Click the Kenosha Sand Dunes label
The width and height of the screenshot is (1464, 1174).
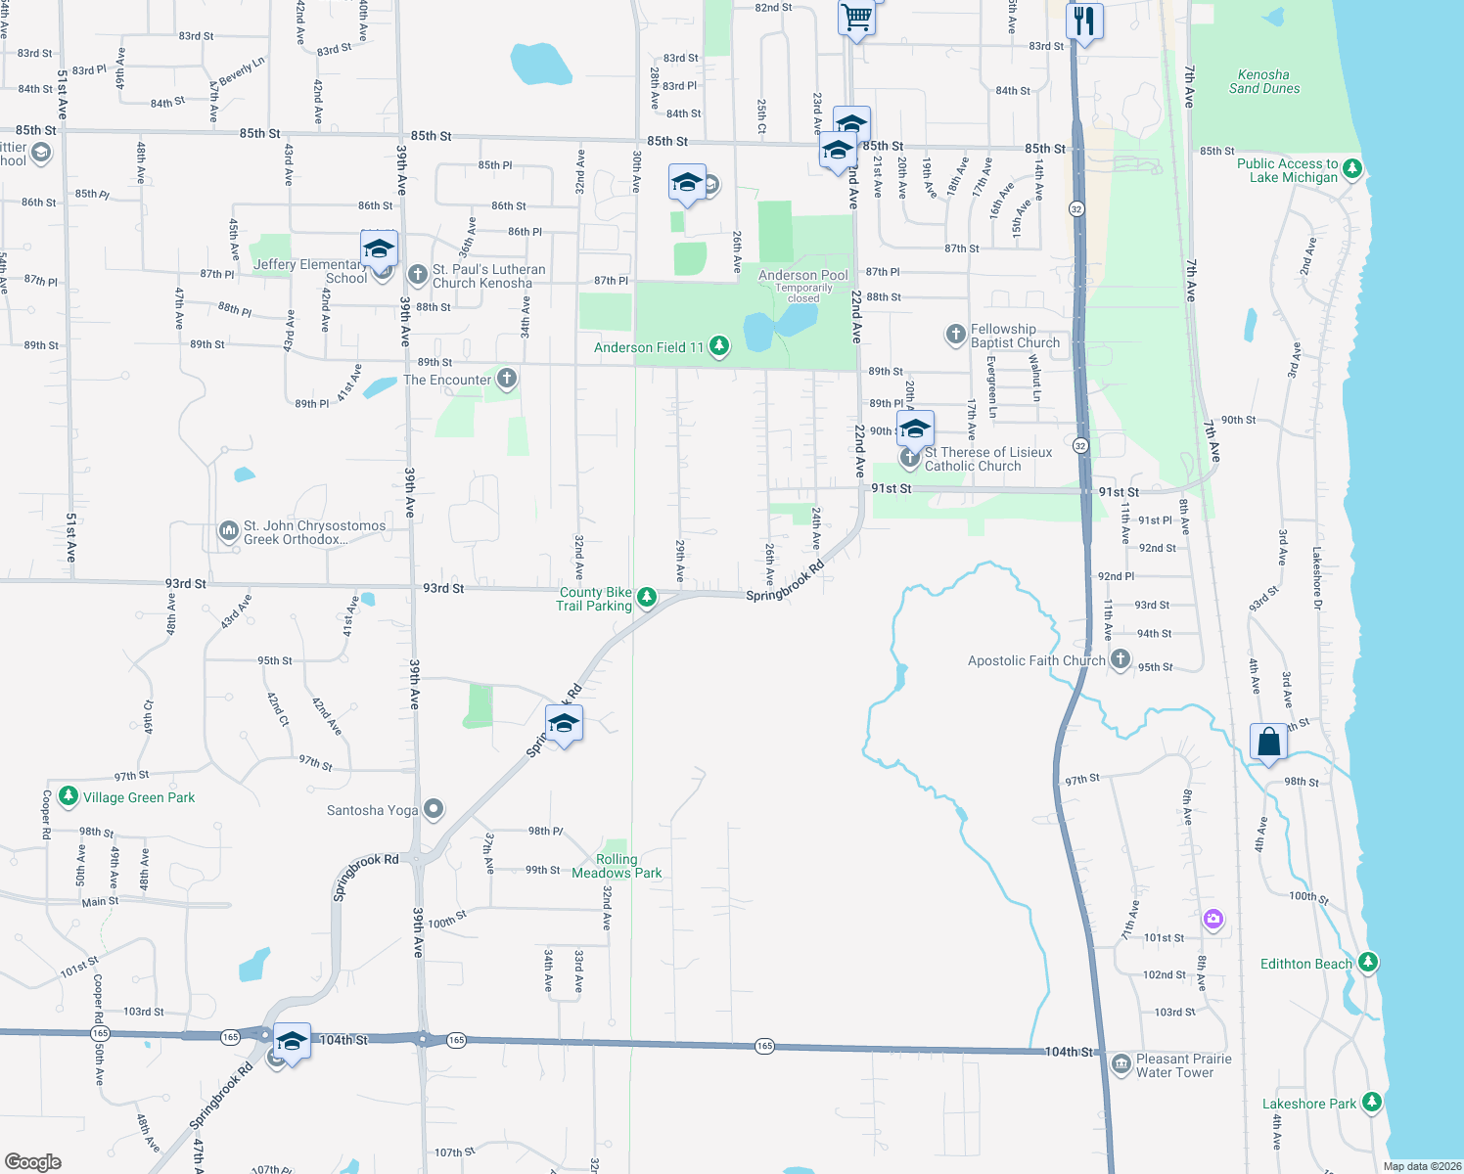(1264, 81)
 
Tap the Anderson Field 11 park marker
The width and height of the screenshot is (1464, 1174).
(719, 346)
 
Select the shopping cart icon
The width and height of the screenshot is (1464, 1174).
(856, 18)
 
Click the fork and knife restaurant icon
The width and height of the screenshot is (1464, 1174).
(1084, 21)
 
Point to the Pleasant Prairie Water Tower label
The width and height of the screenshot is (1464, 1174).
(1183, 1065)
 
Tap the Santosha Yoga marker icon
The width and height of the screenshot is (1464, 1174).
(435, 809)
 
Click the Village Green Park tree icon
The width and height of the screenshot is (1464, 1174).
(68, 796)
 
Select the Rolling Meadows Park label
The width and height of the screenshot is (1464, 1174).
(617, 866)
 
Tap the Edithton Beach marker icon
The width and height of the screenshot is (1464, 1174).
(1368, 963)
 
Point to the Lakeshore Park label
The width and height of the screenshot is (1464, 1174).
(1308, 1104)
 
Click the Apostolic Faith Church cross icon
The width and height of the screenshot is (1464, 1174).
(1121, 660)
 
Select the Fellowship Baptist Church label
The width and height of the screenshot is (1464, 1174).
(1015, 336)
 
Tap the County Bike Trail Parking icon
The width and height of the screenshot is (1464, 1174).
(646, 597)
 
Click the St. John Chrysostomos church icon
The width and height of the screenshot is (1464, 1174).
(228, 531)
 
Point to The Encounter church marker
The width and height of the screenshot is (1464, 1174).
(506, 379)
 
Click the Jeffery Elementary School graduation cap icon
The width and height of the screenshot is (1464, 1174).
(379, 248)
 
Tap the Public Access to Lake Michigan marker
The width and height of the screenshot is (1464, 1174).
(1352, 168)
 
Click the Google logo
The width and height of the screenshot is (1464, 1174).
(33, 1161)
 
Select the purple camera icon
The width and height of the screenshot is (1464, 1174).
(1213, 918)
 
